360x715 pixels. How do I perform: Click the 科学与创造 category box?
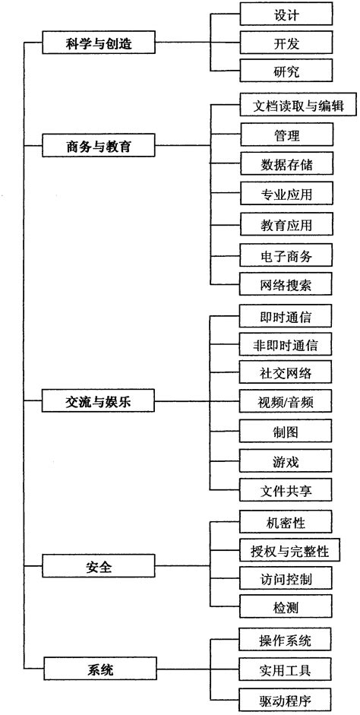[99, 43]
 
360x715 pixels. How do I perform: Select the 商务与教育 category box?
[99, 147]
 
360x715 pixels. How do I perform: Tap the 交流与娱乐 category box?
[99, 402]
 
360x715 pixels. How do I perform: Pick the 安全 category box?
[99, 566]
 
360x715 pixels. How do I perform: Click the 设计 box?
[286, 14]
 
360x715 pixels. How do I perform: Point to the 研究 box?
[286, 71]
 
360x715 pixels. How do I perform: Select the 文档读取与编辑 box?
[298, 106]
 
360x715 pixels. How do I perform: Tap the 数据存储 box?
[286, 163]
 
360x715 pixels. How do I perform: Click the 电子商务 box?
[286, 256]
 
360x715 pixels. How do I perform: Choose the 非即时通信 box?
[286, 344]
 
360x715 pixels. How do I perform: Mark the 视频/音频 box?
[286, 402]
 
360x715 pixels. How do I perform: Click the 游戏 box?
[286, 461]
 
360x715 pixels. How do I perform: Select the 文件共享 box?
[286, 490]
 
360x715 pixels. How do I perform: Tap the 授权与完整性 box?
[290, 550]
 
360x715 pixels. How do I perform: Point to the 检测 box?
[286, 606]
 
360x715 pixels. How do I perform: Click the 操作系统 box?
[286, 640]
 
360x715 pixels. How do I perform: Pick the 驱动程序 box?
[286, 699]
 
